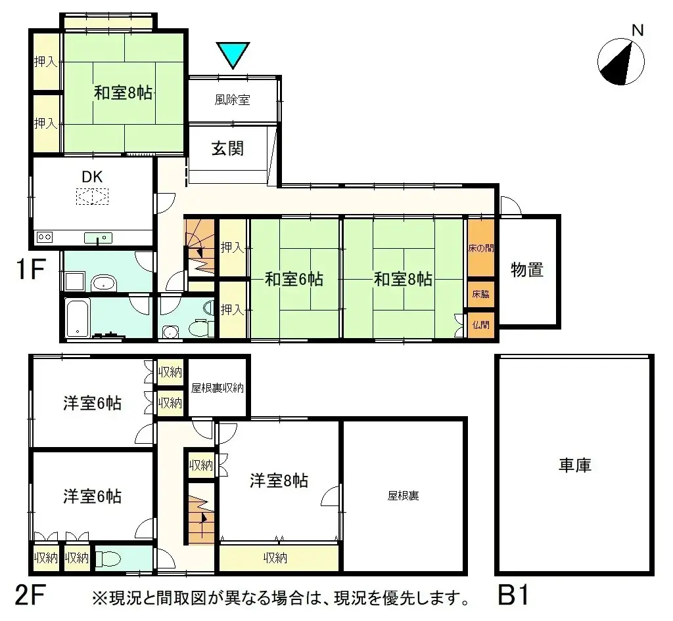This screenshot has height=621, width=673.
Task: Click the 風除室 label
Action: click(x=232, y=100)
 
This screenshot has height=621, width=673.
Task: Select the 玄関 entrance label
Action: click(x=227, y=149)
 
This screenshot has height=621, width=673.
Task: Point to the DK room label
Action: click(x=92, y=176)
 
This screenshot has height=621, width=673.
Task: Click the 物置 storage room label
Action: click(x=527, y=269)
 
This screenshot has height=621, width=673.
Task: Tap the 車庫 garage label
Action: click(x=575, y=465)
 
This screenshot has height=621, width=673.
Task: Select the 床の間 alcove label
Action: click(x=480, y=249)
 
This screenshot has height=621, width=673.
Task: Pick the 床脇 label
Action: click(x=480, y=293)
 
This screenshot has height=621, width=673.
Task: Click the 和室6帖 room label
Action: click(x=294, y=279)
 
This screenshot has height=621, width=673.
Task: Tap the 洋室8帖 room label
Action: click(x=279, y=481)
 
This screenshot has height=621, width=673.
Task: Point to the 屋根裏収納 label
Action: click(x=218, y=388)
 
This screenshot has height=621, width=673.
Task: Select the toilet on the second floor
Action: click(x=110, y=559)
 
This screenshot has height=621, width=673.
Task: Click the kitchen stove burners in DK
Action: click(x=45, y=237)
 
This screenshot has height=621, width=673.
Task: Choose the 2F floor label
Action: click(x=30, y=596)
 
